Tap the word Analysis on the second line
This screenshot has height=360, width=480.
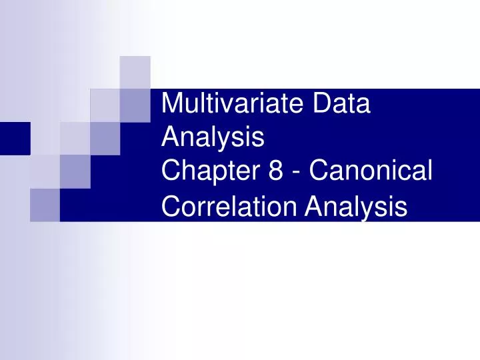pyautogui.click(x=213, y=138)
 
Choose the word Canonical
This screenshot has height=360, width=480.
pyautogui.click(x=372, y=172)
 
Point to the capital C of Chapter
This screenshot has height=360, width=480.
pyautogui.click(x=171, y=172)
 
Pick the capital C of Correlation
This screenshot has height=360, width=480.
pyautogui.click(x=171, y=207)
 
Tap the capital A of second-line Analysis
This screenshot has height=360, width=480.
pyautogui.click(x=171, y=138)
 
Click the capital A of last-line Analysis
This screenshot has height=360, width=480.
pyautogui.click(x=314, y=207)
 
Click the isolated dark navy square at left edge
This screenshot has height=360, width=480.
pyautogui.click(x=15, y=138)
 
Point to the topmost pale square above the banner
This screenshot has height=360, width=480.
pyautogui.click(x=135, y=72)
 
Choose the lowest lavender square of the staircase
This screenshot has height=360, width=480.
pyautogui.click(x=45, y=204)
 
